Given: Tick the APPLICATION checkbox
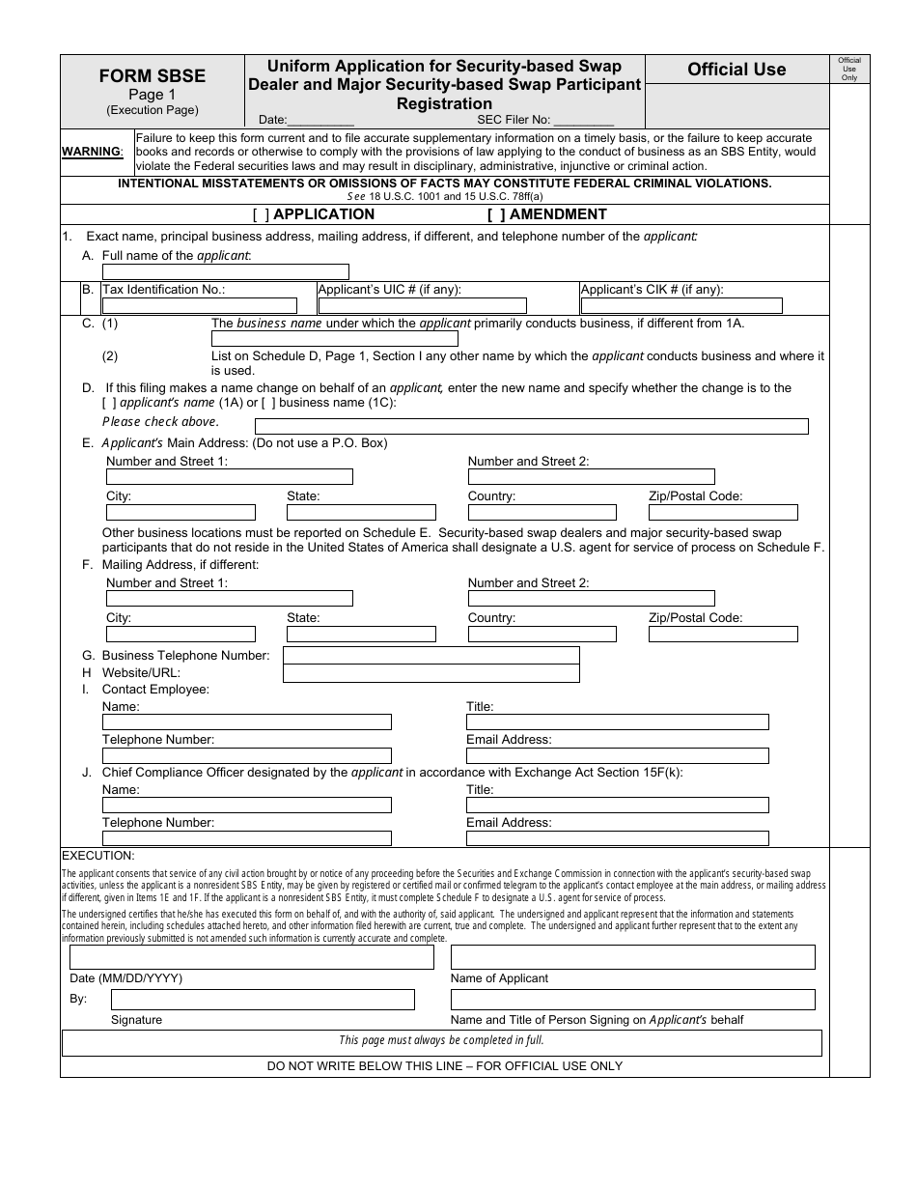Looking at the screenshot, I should [261, 214].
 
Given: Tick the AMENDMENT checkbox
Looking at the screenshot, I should [496, 214].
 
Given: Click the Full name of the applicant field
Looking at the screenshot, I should [225, 271].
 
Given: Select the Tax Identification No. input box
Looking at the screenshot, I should [200, 305].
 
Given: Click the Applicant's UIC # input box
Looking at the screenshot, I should [422, 305].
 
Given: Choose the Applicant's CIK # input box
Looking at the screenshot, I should [681, 305].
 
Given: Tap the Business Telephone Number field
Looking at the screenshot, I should [431, 656].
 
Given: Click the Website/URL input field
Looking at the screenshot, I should [431, 673].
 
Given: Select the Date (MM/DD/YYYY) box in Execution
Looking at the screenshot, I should [251, 957].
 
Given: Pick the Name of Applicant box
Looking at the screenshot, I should [632, 957].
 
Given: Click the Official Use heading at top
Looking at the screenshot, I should [736, 70].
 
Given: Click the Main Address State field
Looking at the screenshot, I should [361, 512].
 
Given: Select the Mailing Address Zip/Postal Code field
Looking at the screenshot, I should [723, 635].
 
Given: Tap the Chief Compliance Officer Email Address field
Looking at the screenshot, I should [617, 838].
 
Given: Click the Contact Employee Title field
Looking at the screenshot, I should [617, 721].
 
